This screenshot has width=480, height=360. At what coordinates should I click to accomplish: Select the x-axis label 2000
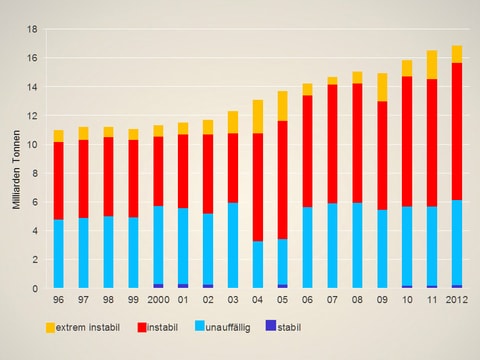(158, 299)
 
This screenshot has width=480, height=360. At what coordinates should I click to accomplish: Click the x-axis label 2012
(456, 299)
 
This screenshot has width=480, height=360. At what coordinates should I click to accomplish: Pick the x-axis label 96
(59, 299)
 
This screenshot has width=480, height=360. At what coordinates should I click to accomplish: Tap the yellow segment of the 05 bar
(283, 106)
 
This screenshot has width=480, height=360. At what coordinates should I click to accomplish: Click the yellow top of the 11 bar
(431, 65)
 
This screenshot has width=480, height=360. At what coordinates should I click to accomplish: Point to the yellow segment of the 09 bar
(382, 87)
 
